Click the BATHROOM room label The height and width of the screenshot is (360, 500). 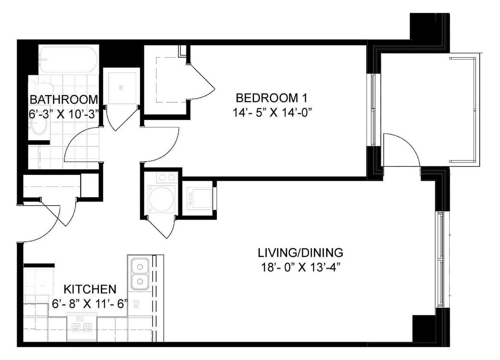(64, 100)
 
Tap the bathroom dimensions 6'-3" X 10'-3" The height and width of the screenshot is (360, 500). (64, 113)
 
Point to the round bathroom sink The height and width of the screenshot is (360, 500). (39, 125)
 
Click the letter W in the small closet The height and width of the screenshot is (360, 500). (121, 89)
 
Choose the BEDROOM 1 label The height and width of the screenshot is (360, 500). (271, 98)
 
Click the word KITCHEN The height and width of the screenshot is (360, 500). (90, 289)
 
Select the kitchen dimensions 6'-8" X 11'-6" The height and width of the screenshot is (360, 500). (90, 304)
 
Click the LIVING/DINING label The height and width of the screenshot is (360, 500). (300, 253)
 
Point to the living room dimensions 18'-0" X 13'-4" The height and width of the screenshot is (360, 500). (300, 267)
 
